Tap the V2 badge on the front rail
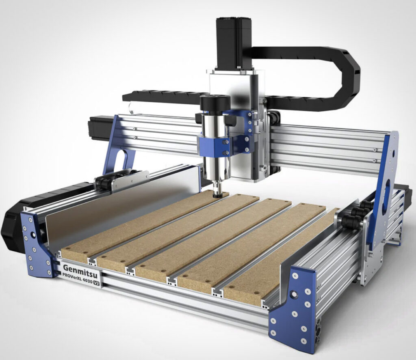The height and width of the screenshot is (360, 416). point(97,284)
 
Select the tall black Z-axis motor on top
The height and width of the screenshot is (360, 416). point(234,44)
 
